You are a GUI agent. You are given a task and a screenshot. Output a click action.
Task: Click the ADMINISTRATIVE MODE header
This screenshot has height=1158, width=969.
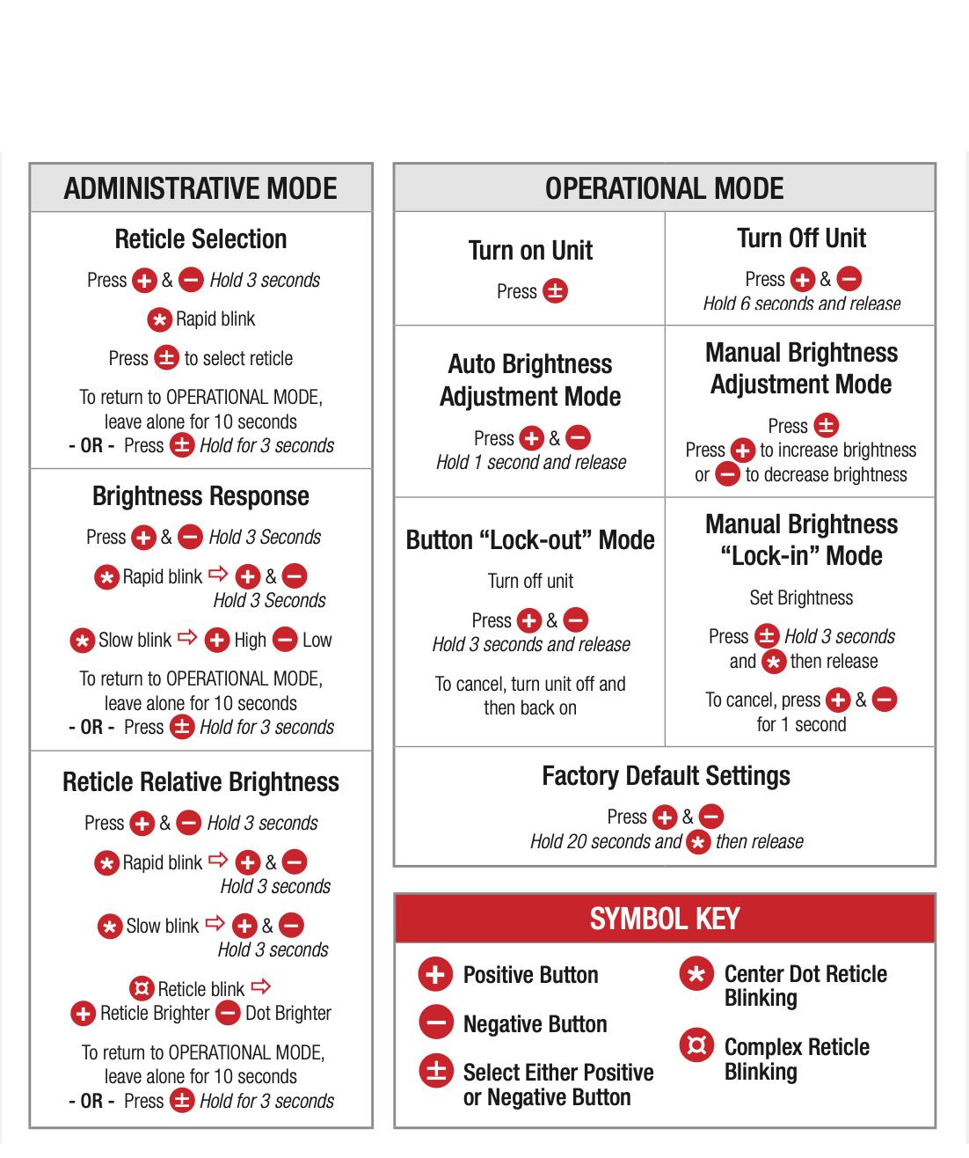[x=200, y=188]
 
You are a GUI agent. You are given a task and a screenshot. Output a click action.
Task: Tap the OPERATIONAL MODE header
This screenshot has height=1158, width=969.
[x=664, y=188]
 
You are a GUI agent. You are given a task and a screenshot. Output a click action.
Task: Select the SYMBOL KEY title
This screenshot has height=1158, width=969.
[x=665, y=919]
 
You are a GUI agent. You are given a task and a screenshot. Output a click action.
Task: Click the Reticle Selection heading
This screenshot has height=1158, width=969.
[x=200, y=239]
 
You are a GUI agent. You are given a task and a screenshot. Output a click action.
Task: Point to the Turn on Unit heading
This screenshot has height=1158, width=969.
[x=530, y=250]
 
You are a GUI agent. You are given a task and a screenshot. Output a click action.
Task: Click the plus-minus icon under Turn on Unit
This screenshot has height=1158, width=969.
[x=555, y=291]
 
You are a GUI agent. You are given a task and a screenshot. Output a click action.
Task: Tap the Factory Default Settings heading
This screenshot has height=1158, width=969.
[x=666, y=776]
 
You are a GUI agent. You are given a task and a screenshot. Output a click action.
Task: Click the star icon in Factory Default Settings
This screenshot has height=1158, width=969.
[x=698, y=842]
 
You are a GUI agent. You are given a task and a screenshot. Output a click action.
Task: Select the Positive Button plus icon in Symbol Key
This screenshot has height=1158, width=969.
[x=435, y=974]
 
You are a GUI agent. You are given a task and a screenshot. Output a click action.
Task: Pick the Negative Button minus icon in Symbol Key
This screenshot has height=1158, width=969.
[x=436, y=1022]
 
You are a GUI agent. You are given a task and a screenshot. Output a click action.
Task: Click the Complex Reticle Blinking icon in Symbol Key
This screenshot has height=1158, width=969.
[x=696, y=1044]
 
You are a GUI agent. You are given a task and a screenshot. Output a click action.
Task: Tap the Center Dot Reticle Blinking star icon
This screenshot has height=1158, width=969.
[x=696, y=973]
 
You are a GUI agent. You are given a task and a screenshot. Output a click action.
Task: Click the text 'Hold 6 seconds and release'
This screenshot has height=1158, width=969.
[x=802, y=304]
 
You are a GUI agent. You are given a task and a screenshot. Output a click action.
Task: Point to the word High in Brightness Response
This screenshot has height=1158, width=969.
[x=250, y=641]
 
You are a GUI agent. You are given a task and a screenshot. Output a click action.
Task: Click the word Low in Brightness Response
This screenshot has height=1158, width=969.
[x=317, y=640]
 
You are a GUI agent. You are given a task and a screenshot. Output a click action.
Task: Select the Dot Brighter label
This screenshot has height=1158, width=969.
[x=288, y=1014]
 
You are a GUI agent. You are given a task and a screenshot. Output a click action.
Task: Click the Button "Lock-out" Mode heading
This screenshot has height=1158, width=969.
[x=530, y=539]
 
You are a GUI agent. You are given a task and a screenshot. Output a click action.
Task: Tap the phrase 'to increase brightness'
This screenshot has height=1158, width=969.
[x=838, y=450]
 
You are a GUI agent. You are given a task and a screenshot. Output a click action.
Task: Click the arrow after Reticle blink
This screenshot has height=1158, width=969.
[x=260, y=986]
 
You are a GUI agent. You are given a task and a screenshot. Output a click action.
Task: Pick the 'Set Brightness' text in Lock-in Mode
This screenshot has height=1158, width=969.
[x=801, y=597]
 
